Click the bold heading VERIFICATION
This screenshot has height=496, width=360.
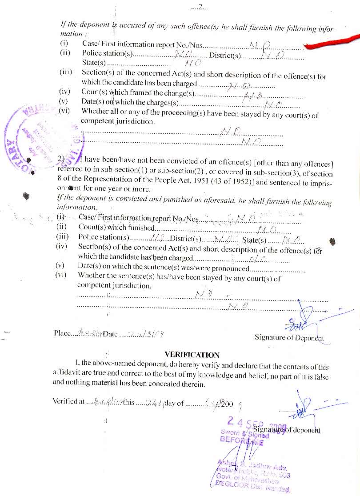tap(192, 355)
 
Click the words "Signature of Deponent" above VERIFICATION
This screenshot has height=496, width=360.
tap(289, 337)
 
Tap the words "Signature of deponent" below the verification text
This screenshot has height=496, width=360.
tap(286, 430)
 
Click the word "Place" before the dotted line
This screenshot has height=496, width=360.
tap(62, 333)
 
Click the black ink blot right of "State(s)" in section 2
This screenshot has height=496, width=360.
tap(332, 241)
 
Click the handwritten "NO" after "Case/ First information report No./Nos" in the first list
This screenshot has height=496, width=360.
tap(258, 45)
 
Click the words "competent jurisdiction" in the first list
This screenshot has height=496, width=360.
tap(118, 121)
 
